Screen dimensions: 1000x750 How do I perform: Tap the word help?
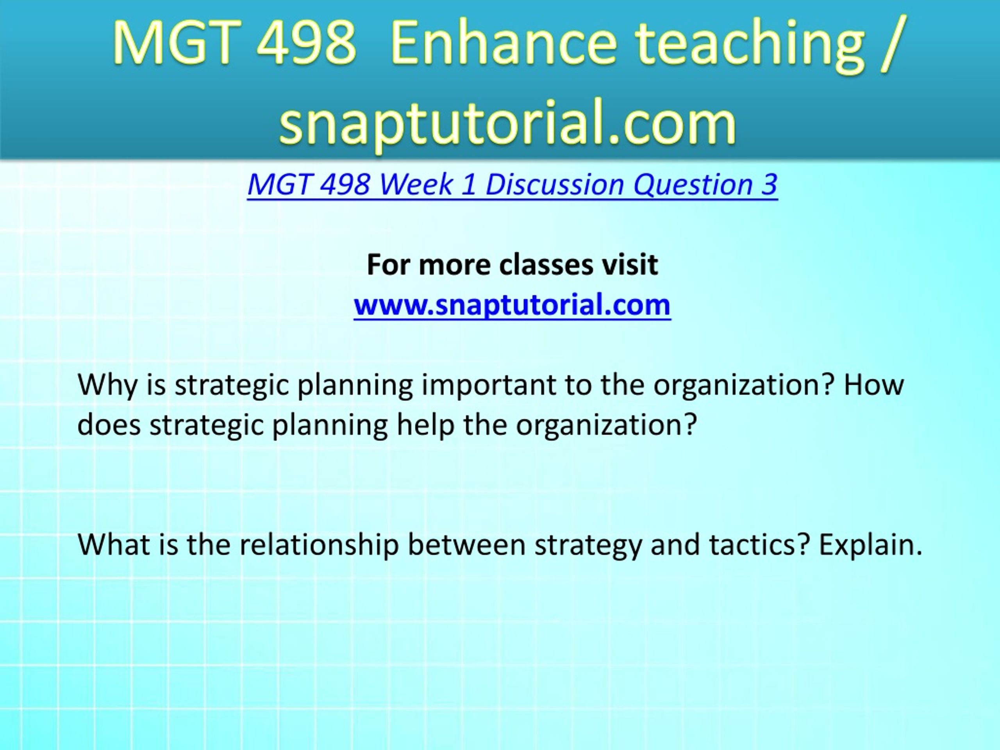[425, 425]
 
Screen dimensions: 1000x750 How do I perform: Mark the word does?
[109, 425]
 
